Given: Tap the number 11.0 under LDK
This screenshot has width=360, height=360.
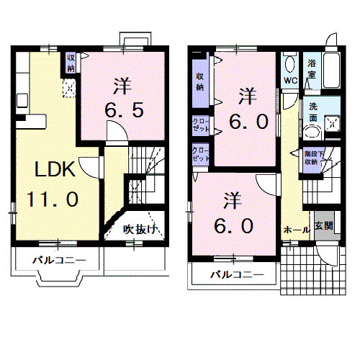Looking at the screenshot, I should coord(53,199).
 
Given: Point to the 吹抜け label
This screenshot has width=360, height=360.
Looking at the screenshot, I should coord(139,230).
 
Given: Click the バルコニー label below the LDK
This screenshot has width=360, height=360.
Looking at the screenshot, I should coord(59,260).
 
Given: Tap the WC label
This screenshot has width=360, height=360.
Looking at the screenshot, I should coord(290,79).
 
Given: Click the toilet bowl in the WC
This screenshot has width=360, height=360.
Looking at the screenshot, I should coord(289,63).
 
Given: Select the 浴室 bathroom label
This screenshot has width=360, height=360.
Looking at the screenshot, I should coord(312,68).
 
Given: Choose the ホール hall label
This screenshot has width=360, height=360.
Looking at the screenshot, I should coord(296,230).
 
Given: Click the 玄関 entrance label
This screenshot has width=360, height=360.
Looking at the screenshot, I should coord(323,225).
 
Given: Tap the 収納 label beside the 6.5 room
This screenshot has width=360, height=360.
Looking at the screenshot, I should coord(71,63).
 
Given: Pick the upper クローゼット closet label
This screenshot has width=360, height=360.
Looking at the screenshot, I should coord(202,125).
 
